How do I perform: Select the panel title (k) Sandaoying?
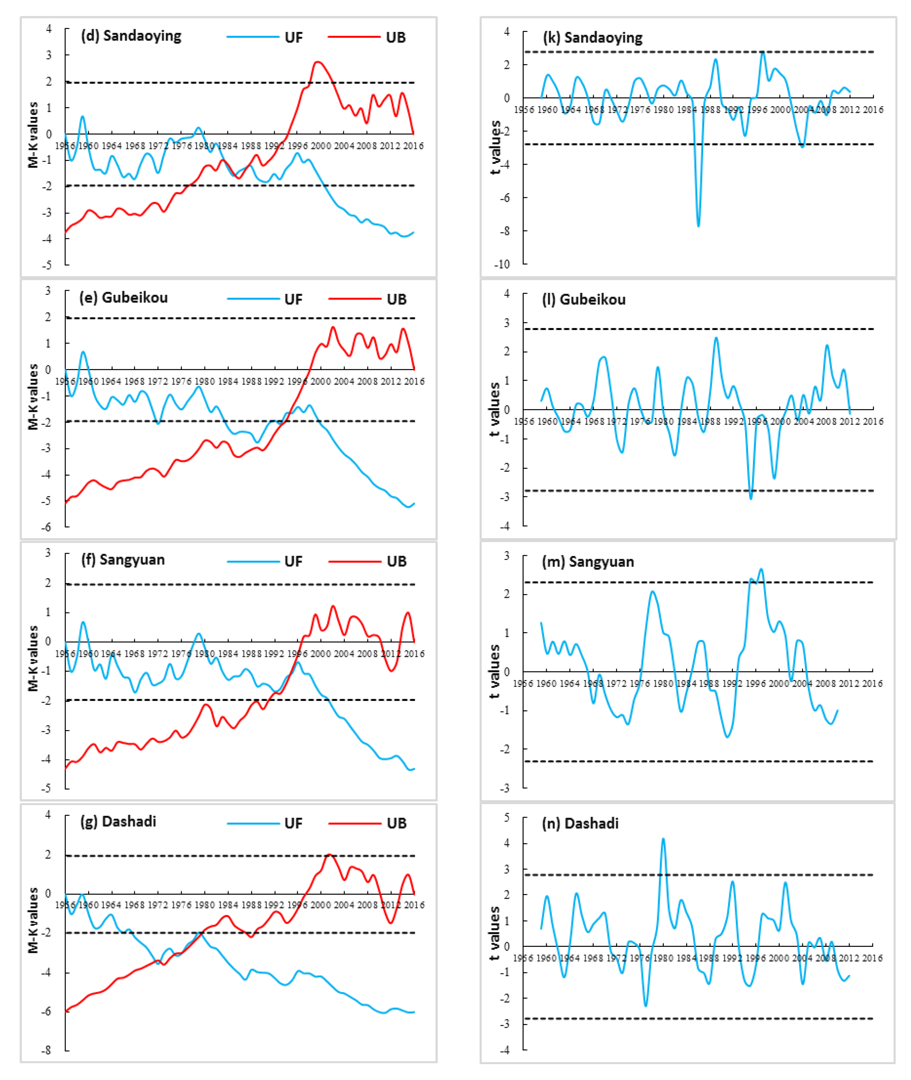coord(593,38)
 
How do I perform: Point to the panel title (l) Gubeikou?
coord(584,300)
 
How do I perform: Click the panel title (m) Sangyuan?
coord(588,562)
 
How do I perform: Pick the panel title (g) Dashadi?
coord(118,821)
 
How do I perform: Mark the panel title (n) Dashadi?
coord(580,823)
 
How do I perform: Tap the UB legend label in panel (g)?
coord(397,823)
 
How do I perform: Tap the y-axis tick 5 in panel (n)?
coord(507,817)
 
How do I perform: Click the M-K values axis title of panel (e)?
coord(33,396)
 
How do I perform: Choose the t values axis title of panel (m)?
coord(494,671)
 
